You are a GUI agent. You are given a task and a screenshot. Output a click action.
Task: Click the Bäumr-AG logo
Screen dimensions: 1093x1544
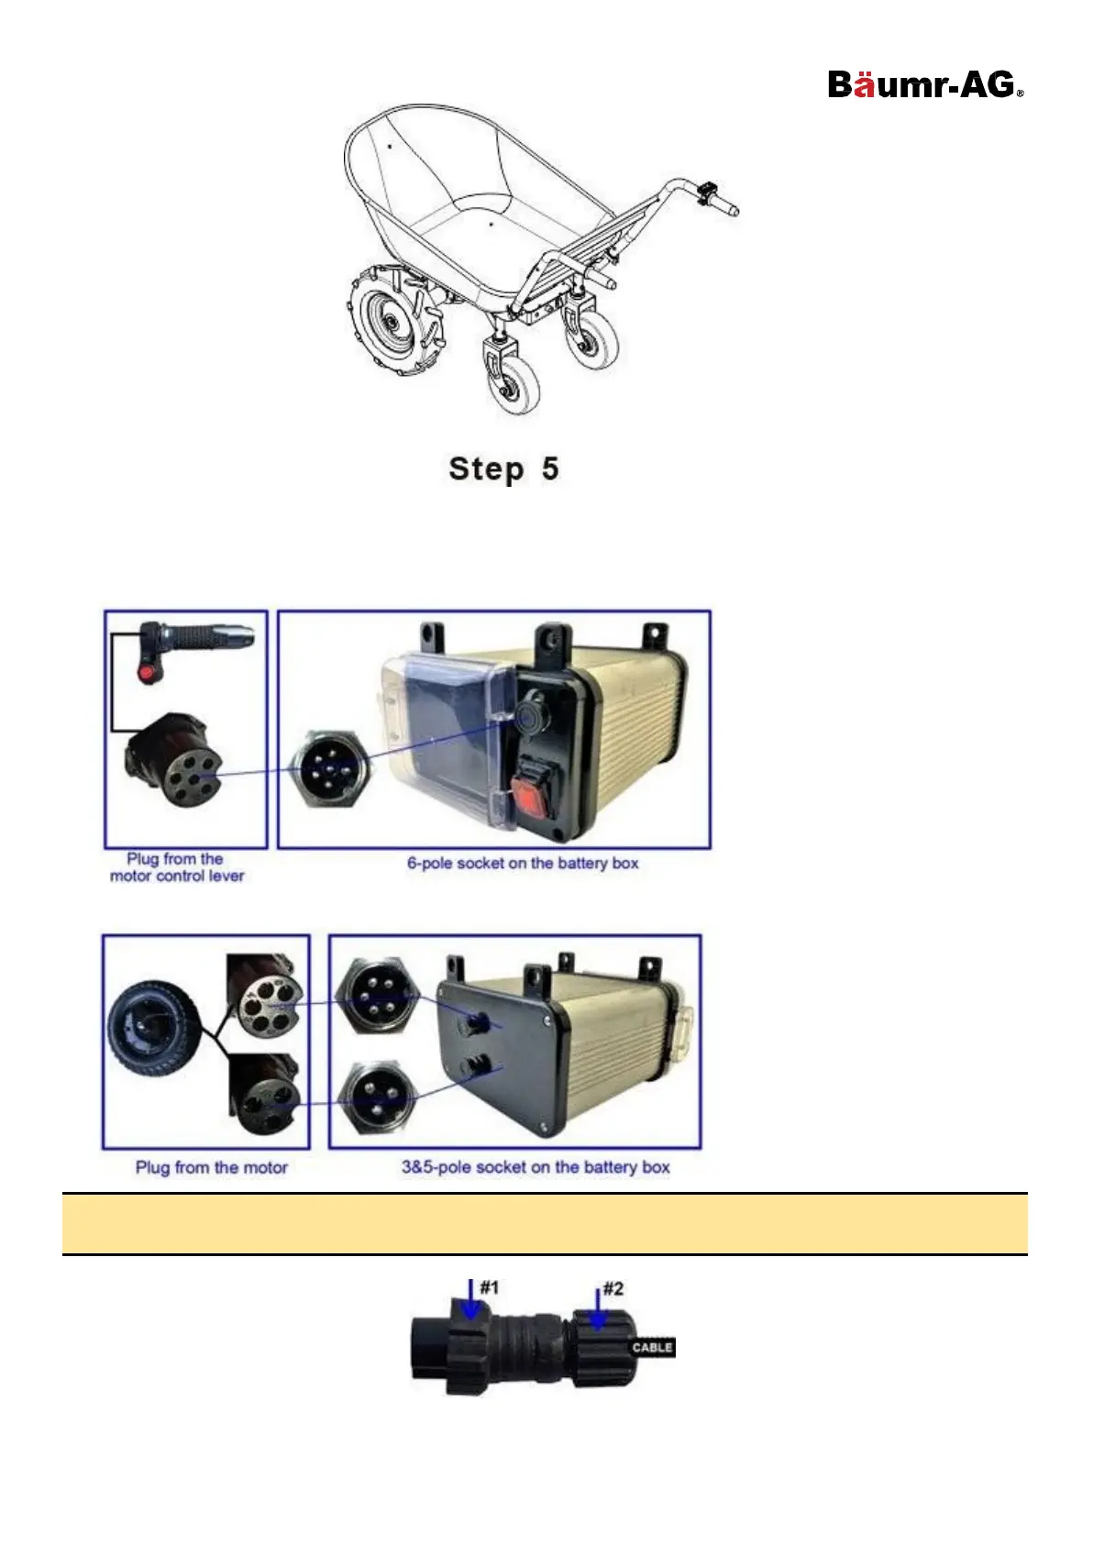coord(924,85)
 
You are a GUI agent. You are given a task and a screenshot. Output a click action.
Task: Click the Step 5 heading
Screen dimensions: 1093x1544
coord(503,469)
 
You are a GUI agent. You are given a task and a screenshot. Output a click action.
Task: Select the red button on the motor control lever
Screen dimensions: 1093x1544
coord(146,675)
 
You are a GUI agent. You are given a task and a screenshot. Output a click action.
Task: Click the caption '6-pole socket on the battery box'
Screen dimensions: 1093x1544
coord(523,863)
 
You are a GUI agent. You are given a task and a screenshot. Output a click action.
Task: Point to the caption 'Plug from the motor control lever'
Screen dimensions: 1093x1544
coord(176,867)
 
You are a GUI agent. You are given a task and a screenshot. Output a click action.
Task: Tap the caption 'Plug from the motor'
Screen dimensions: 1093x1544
coord(211,1167)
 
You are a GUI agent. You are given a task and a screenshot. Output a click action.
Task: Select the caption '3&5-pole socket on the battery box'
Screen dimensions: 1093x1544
coord(535,1167)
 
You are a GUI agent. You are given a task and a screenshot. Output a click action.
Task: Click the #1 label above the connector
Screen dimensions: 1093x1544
coord(490,1288)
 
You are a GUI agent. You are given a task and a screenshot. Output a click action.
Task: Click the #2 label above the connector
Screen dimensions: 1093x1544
coord(613,1289)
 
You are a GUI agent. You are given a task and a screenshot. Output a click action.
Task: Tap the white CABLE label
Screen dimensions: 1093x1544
coord(652,1347)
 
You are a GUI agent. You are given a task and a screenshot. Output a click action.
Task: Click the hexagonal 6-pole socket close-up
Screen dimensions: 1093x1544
coord(332,768)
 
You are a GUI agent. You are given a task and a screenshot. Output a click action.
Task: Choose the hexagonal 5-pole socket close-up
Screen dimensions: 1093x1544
coord(377,998)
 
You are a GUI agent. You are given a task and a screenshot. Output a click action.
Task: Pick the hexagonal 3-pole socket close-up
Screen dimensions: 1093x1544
coord(377,1097)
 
